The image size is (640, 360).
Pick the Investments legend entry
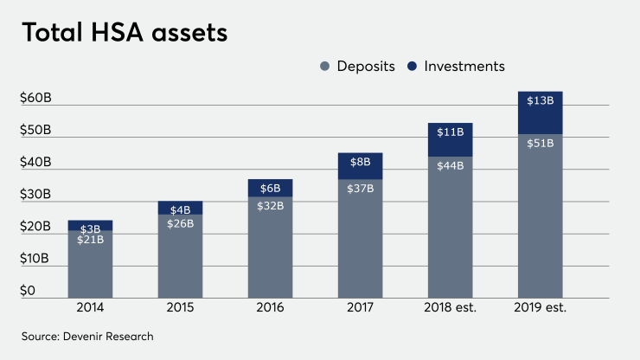click(457, 66)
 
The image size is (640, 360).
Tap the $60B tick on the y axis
click(35, 99)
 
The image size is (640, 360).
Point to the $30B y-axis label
click(35, 195)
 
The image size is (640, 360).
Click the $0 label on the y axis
click(29, 292)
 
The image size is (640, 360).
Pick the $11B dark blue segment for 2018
click(450, 140)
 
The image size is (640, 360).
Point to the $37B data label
click(360, 188)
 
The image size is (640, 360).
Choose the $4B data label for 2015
click(180, 209)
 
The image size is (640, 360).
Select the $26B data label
click(180, 222)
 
